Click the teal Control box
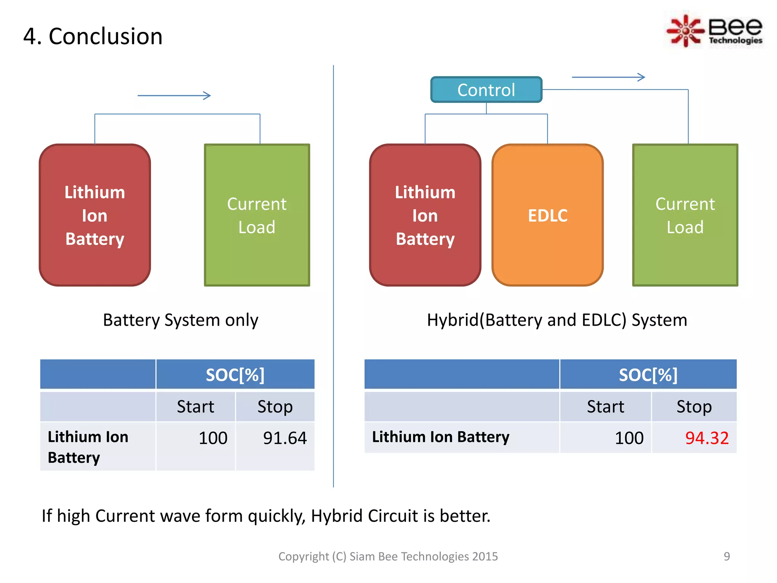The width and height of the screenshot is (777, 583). [486, 90]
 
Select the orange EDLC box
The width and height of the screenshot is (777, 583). [547, 215]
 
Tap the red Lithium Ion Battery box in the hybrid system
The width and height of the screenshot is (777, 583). [425, 215]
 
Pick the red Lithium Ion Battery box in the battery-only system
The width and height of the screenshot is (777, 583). [95, 215]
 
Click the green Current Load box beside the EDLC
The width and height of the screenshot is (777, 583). [685, 215]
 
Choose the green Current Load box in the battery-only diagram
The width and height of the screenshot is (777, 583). [257, 215]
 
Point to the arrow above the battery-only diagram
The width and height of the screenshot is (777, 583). [174, 96]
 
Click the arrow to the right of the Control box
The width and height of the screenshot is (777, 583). [608, 77]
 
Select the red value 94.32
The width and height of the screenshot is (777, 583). [707, 438]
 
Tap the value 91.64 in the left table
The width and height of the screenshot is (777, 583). [285, 438]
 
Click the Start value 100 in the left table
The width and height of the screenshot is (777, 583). [213, 438]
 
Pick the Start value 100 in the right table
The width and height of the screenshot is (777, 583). [629, 438]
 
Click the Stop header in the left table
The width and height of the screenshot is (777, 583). [275, 407]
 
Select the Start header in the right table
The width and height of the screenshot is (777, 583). [605, 407]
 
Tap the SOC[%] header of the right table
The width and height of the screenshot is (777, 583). [648, 375]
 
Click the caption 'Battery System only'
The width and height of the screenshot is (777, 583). [181, 320]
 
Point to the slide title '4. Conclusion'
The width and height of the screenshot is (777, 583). [93, 36]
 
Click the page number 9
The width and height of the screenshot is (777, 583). [727, 556]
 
